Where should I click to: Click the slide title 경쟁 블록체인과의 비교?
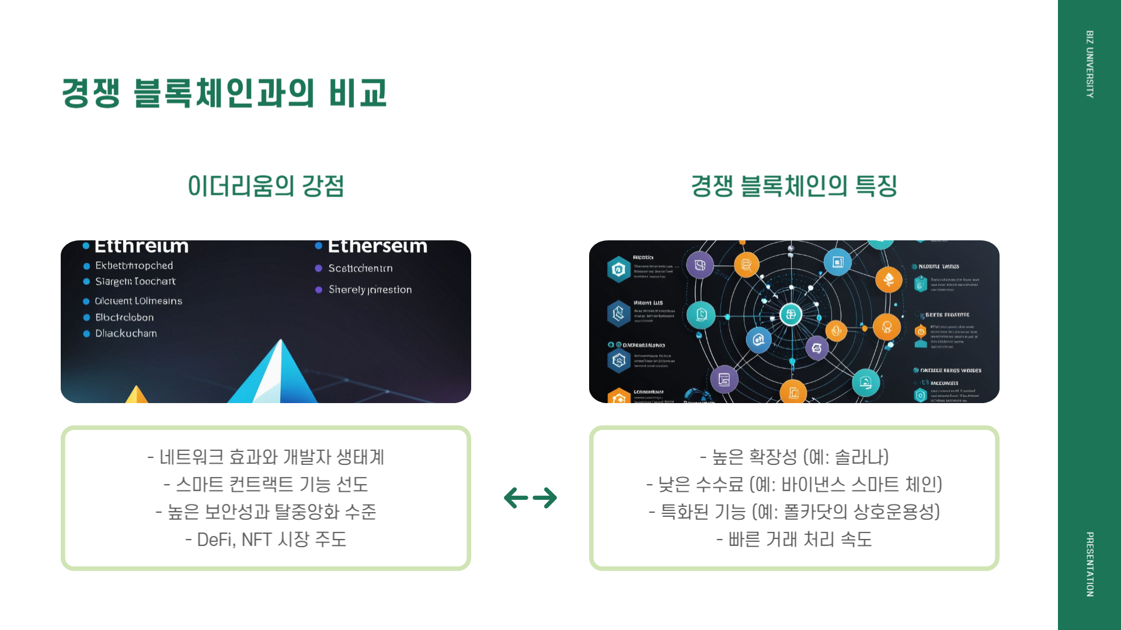pyautogui.click(x=224, y=93)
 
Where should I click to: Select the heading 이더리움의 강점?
pyautogui.click(x=266, y=186)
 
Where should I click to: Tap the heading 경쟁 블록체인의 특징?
pyautogui.click(x=794, y=186)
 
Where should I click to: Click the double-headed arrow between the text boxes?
pyautogui.click(x=530, y=498)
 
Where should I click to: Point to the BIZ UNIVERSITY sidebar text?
pyautogui.click(x=1089, y=64)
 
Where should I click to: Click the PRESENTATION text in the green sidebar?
pyautogui.click(x=1089, y=564)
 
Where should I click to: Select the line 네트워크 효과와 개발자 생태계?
pyautogui.click(x=266, y=457)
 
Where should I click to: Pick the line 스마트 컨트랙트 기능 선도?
pyautogui.click(x=266, y=484)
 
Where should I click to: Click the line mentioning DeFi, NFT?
pyautogui.click(x=266, y=540)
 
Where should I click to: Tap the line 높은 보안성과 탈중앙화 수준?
pyautogui.click(x=266, y=512)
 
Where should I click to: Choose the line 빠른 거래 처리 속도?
pyautogui.click(x=794, y=540)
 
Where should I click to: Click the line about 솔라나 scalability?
pyautogui.click(x=794, y=457)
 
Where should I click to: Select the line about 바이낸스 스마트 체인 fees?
pyautogui.click(x=794, y=484)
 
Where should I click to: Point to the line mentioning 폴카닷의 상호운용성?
pyautogui.click(x=794, y=512)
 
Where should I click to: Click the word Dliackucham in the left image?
pyautogui.click(x=126, y=334)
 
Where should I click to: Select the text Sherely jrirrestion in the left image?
pyautogui.click(x=370, y=290)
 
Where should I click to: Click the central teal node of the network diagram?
pyautogui.click(x=791, y=314)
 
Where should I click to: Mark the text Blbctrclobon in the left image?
pyautogui.click(x=124, y=317)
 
